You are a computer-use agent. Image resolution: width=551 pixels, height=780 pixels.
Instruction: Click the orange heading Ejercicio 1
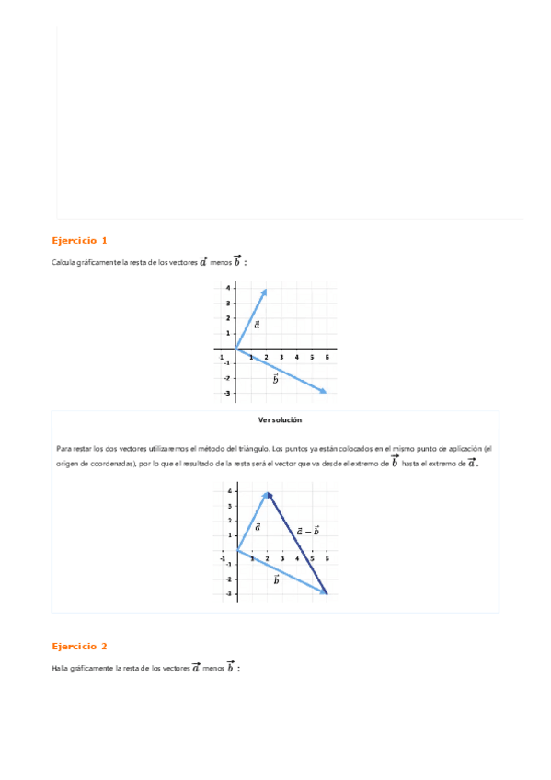point(79,241)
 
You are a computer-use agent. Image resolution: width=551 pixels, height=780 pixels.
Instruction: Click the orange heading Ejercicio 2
point(79,647)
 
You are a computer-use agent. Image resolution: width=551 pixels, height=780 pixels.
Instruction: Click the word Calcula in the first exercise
point(64,263)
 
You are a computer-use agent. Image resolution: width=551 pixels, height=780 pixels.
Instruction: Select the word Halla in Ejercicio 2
point(62,669)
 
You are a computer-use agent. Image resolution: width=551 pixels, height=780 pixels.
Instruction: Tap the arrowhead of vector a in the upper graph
point(264,292)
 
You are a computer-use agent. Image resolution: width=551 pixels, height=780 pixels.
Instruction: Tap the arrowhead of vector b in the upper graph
point(323,391)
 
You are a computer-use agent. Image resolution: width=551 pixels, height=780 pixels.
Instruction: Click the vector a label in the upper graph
point(257,324)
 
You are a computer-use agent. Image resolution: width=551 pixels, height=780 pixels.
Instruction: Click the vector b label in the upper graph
point(275,378)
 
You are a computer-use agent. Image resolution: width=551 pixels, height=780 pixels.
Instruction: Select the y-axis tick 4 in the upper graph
point(227,289)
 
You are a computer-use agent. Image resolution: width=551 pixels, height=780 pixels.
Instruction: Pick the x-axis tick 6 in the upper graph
point(327,357)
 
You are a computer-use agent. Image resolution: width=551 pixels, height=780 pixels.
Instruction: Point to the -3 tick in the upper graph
point(226,393)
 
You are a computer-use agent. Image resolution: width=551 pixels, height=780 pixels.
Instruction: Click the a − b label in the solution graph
point(308,531)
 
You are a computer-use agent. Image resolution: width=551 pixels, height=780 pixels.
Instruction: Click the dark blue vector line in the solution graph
point(297,543)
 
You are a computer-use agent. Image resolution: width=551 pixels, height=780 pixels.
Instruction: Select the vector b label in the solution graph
point(276,580)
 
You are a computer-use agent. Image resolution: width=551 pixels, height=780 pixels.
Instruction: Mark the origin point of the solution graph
point(237,549)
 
